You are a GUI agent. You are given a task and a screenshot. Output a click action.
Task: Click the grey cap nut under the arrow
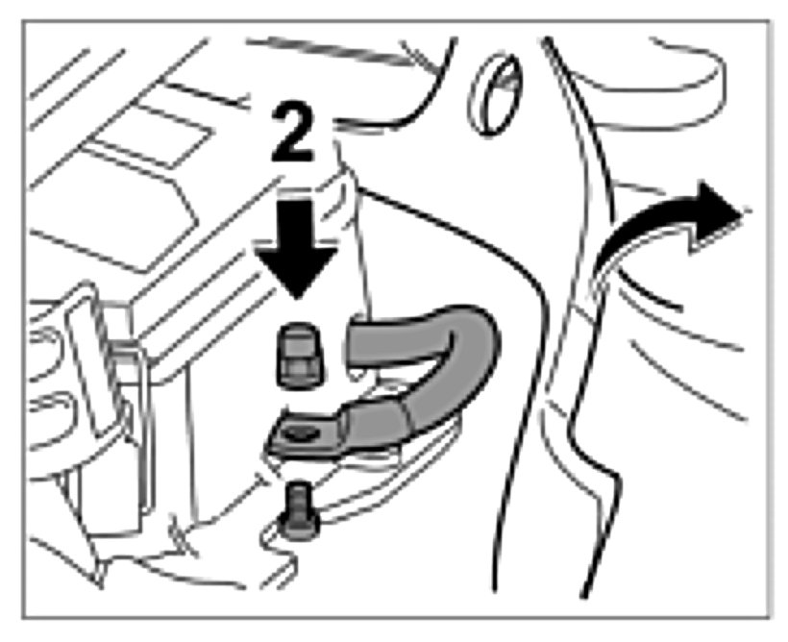pyautogui.click(x=299, y=357)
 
